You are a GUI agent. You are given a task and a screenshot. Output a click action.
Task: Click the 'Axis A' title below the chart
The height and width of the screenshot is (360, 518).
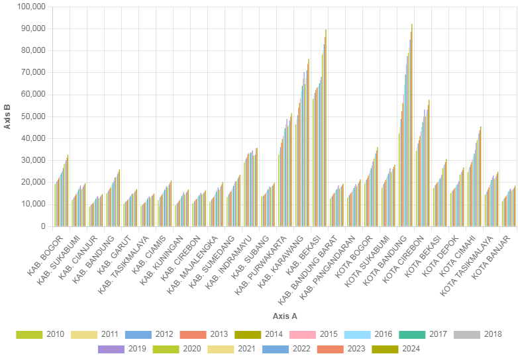click(x=285, y=316)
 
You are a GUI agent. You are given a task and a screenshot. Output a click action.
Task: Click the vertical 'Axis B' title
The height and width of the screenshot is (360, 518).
click(x=7, y=116)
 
